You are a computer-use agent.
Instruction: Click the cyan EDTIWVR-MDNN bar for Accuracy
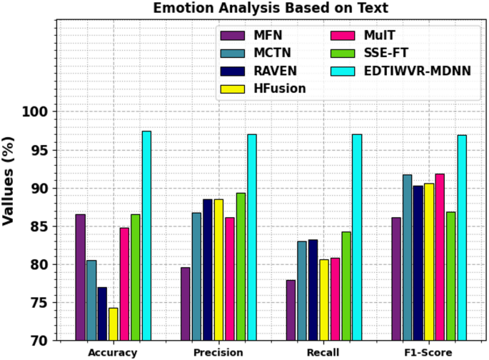tap(146, 236)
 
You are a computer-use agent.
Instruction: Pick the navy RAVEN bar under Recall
tap(313, 290)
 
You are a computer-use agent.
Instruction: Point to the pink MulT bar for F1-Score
tap(440, 257)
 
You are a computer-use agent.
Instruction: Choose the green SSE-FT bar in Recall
tap(346, 286)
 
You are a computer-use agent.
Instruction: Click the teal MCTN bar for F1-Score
tap(407, 257)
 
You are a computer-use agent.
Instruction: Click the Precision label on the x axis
tap(218, 353)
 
